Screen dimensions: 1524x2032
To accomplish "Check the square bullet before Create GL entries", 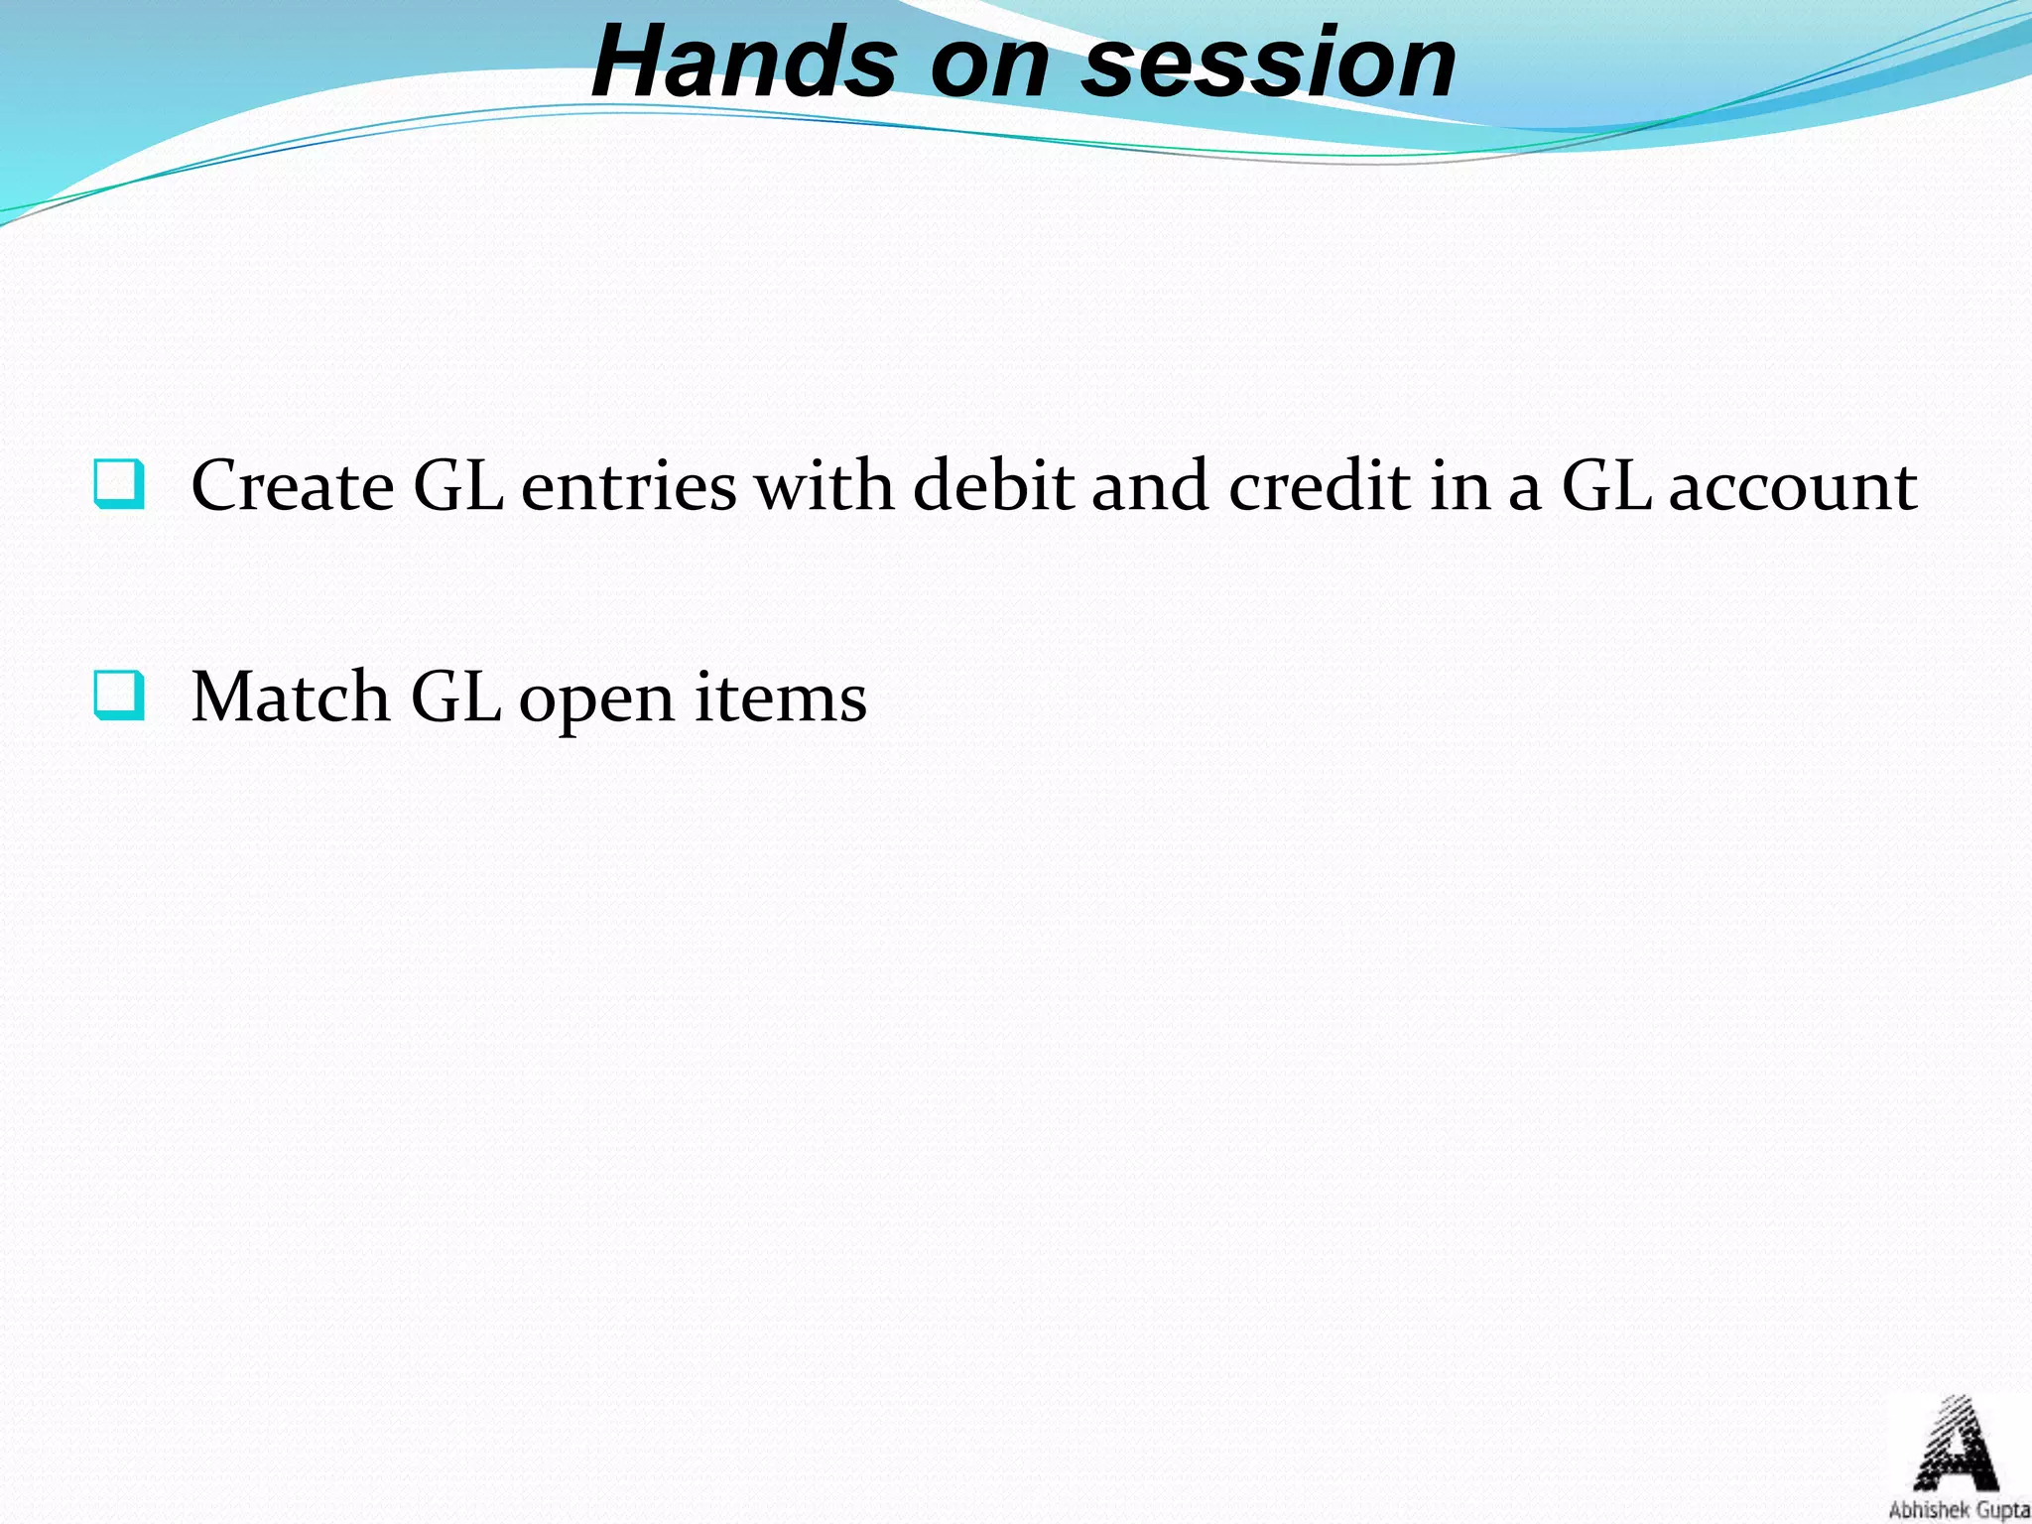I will click(x=119, y=484).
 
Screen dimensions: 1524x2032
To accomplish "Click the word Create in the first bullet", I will click(x=292, y=486).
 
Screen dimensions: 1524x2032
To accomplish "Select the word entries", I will click(x=628, y=486).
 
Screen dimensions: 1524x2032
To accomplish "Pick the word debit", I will click(x=992, y=486).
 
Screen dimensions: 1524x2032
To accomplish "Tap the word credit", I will click(x=1320, y=486).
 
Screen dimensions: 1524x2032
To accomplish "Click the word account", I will click(x=1793, y=488).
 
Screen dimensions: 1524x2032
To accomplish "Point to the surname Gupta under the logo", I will click(x=2000, y=1511).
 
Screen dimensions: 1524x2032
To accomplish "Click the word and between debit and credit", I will click(x=1150, y=486).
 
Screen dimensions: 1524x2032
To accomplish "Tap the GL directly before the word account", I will click(x=1606, y=486).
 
